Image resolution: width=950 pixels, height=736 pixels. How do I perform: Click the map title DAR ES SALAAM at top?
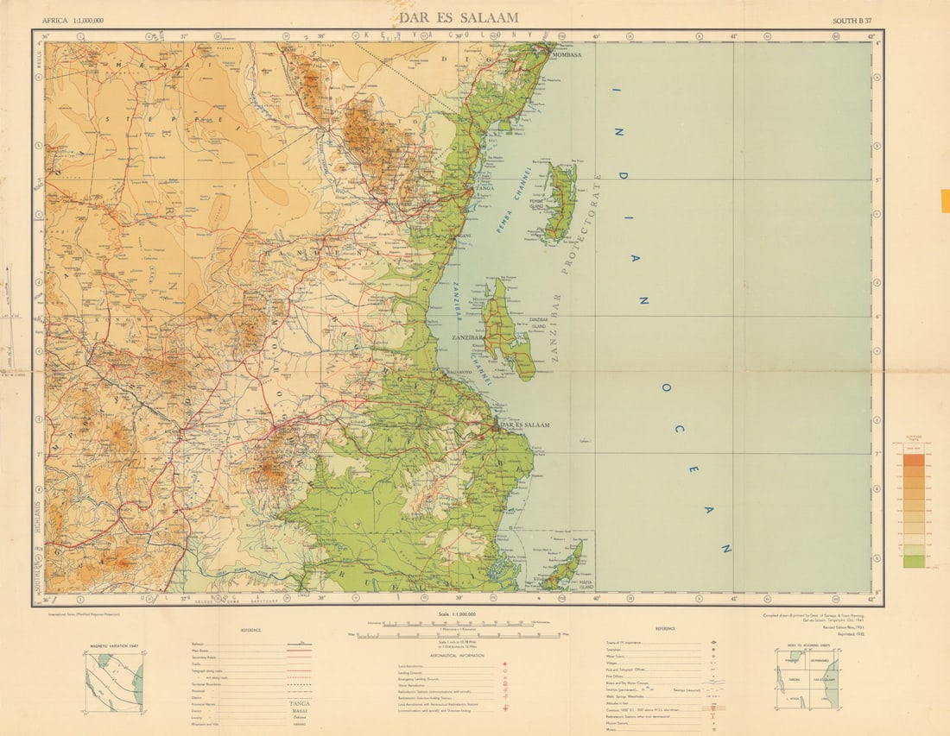[458, 17]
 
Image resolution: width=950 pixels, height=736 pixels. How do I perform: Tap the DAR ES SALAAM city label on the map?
[525, 425]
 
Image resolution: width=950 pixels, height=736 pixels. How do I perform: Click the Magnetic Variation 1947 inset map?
[114, 682]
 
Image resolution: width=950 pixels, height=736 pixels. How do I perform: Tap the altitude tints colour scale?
[913, 509]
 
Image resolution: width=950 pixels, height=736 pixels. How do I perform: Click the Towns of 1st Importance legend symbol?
[712, 644]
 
